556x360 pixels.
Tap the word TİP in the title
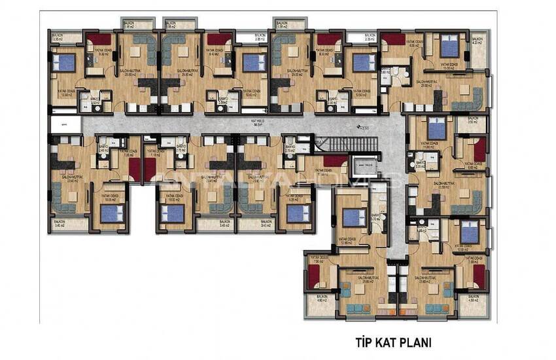[x=362, y=342]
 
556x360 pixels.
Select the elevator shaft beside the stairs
[x=361, y=168]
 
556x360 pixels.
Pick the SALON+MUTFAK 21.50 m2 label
[x=445, y=185]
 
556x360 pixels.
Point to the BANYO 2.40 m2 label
[x=103, y=150]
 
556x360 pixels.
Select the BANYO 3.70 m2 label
[x=376, y=218]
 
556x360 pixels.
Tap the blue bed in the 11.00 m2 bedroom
[x=437, y=130]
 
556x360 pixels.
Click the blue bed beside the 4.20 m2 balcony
[x=449, y=47]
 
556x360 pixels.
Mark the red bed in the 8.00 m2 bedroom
[x=394, y=40]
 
